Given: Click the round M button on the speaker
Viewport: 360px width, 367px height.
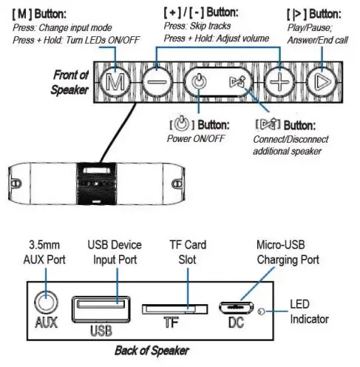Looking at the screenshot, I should tap(114, 81).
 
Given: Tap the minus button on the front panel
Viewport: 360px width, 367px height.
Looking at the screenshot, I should tap(154, 81).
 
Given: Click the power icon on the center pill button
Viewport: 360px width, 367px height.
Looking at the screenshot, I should tap(199, 81).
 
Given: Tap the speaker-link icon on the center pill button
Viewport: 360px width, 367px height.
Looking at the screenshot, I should tap(237, 81).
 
